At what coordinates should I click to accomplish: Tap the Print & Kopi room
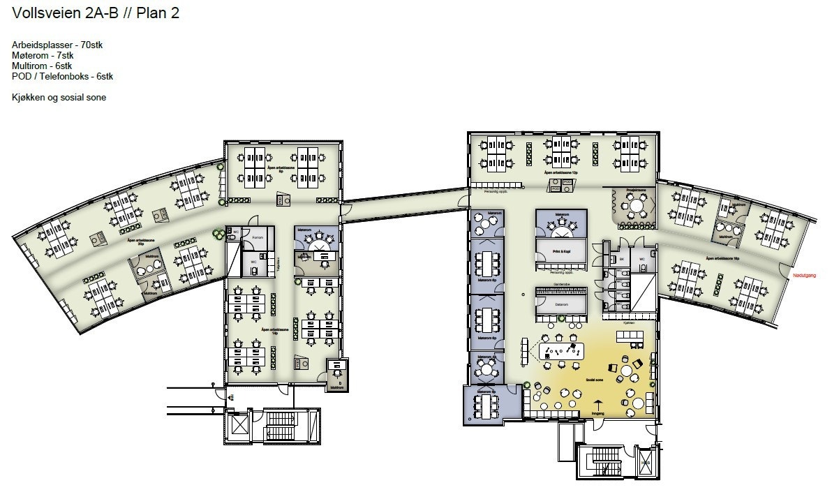[562, 250]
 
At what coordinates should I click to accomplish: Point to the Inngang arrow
[597, 405]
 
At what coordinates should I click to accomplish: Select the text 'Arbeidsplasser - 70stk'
[57, 45]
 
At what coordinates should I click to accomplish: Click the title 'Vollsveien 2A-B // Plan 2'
[96, 13]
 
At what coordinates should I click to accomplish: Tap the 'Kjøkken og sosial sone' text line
[59, 98]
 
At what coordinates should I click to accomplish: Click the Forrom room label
[257, 237]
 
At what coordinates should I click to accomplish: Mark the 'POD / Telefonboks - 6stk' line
[62, 77]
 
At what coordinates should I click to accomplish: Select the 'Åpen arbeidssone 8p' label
[280, 168]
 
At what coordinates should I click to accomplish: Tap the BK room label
[621, 259]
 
